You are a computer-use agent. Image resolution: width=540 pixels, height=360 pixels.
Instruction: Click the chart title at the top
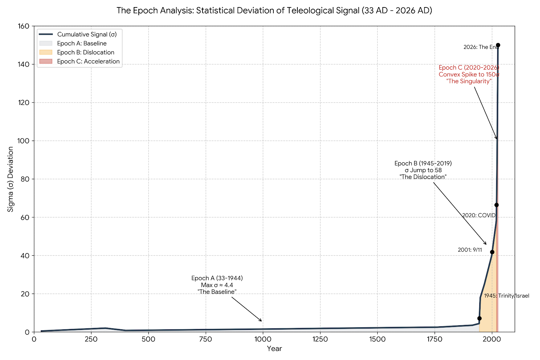point(274,10)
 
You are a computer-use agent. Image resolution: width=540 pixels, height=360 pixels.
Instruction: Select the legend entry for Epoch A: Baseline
point(82,44)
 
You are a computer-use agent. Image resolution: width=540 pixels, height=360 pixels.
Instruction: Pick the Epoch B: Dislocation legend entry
point(85,52)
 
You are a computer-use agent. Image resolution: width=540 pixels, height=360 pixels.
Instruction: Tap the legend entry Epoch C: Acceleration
point(88,61)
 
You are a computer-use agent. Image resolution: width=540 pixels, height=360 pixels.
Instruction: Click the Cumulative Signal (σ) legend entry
point(87,34)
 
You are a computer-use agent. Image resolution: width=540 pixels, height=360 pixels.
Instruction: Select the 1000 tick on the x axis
point(263,339)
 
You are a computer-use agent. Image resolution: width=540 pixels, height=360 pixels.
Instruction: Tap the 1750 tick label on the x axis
point(435,339)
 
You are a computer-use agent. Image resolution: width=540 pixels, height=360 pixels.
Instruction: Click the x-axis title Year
point(274,349)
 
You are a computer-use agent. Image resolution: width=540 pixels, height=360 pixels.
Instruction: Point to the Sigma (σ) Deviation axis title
point(11,179)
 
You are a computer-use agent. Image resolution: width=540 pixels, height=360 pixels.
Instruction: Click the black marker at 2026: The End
point(498,45)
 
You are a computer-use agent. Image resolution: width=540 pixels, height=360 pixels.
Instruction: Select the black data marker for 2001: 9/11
point(492,252)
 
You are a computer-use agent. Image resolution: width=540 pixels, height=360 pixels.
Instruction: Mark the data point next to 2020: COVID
point(496,205)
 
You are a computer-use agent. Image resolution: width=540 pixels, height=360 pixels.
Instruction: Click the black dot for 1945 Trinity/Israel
point(479,318)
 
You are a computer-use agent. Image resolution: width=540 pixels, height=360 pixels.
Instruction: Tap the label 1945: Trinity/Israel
point(507,296)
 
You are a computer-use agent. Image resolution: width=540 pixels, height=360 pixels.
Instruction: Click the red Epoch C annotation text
point(469,75)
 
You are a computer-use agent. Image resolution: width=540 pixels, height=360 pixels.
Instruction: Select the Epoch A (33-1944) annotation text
point(217,285)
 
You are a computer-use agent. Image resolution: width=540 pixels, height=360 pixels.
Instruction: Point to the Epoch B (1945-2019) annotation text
point(423,170)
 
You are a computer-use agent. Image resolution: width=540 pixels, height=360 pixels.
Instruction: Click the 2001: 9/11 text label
point(470,250)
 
